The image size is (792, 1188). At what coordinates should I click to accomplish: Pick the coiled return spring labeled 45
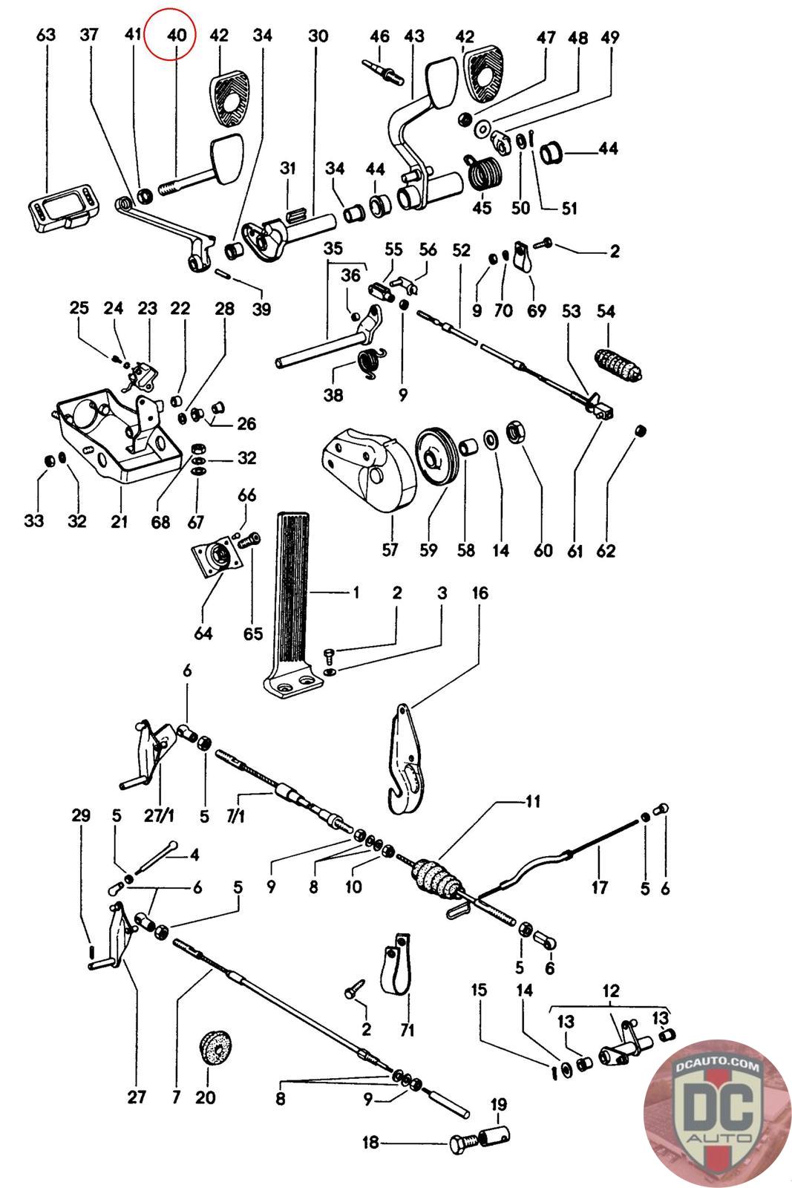point(484,177)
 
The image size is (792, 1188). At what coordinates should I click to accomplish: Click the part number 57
point(390,550)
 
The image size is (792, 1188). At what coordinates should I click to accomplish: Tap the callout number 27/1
point(160,816)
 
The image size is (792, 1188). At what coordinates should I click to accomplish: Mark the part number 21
point(120,521)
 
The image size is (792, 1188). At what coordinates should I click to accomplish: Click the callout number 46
point(379,36)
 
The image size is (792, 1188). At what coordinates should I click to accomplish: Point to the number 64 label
point(203,633)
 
